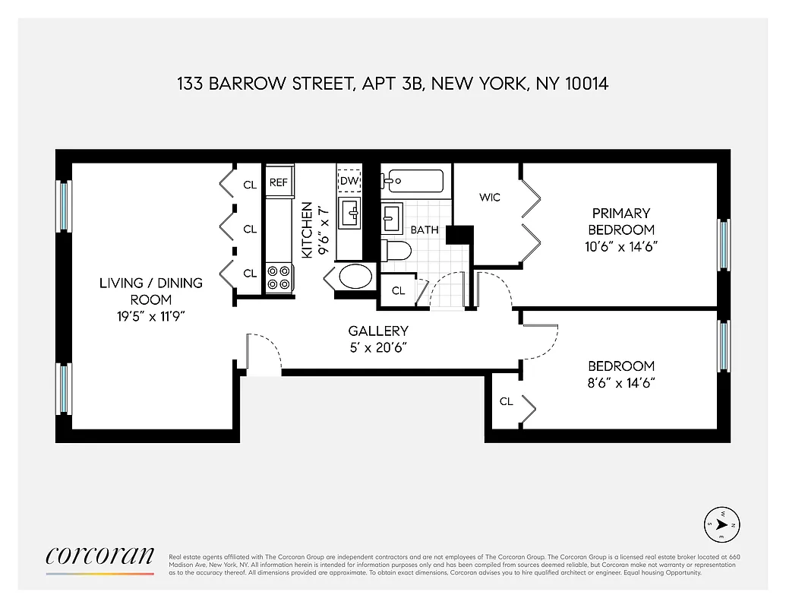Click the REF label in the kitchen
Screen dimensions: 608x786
pos(278,182)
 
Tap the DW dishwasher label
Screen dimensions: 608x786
pos(349,180)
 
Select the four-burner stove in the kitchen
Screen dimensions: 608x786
pos(278,277)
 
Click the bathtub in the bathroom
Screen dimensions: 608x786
pos(414,181)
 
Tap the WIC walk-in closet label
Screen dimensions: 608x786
pos(490,198)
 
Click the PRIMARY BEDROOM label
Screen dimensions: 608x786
pos(621,221)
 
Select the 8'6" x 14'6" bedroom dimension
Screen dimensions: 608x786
pos(621,383)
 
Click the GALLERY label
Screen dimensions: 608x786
pos(378,331)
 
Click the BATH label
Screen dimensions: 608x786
pos(425,229)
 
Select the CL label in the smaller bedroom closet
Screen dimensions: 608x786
pos(506,401)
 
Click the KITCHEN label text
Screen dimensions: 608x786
pos(307,230)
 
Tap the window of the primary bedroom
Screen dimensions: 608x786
pos(723,245)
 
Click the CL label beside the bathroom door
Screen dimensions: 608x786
pos(398,290)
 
